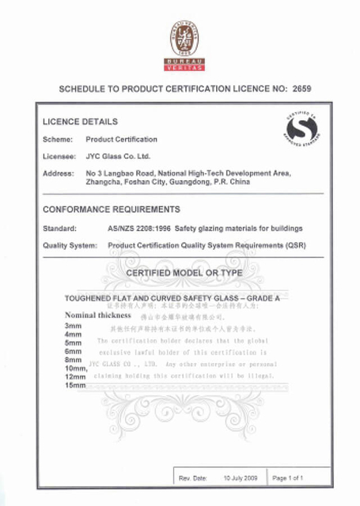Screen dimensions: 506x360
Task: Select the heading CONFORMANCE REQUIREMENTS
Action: click(x=111, y=210)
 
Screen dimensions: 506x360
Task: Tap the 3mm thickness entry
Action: click(x=73, y=326)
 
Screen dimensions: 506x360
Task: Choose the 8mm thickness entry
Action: click(x=73, y=360)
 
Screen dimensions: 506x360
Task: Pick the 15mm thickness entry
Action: click(x=75, y=385)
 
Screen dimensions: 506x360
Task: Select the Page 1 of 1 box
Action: click(x=290, y=478)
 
